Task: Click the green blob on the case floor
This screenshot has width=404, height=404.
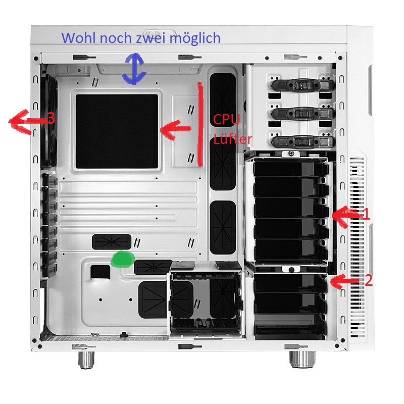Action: [123, 259]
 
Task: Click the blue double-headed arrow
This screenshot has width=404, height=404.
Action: [134, 69]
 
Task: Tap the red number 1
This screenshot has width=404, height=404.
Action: [366, 214]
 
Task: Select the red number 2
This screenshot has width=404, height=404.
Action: [369, 280]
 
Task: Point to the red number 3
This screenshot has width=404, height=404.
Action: [51, 118]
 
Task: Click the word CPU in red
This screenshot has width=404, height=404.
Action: [226, 119]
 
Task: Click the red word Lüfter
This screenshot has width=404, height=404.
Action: [232, 139]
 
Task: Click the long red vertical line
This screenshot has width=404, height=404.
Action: [199, 124]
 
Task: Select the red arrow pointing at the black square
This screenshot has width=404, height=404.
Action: [176, 129]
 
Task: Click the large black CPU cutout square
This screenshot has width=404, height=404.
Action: [117, 131]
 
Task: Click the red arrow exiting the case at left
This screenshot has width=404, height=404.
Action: [28, 121]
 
